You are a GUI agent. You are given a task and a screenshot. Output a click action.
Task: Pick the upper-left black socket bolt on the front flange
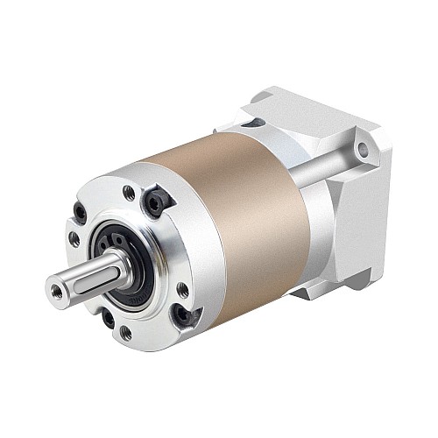click(80, 211)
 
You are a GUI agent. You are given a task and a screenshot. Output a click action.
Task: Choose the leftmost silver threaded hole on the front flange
click(74, 238)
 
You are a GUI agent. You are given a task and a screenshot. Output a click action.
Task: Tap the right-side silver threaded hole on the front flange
click(182, 288)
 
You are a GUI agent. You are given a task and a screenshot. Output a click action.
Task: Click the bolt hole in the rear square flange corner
click(363, 150)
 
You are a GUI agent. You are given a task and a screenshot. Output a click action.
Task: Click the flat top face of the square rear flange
click(298, 109)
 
